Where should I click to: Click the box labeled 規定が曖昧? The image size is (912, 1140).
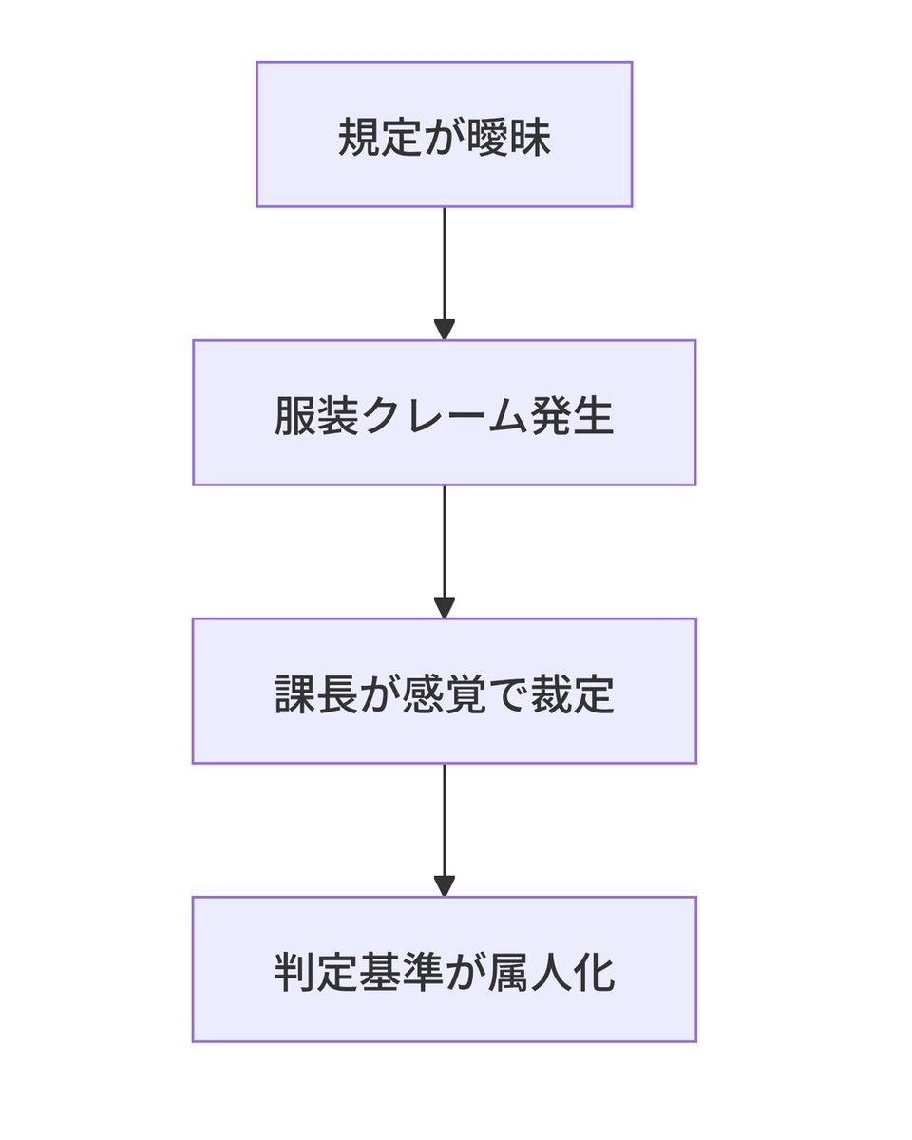coord(444,134)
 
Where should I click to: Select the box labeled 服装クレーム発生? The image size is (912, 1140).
coord(444,412)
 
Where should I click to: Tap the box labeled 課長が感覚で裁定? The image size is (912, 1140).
coord(444,691)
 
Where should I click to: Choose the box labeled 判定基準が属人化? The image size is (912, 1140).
coord(444,969)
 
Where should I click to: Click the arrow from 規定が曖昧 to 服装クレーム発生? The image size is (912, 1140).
coord(444,274)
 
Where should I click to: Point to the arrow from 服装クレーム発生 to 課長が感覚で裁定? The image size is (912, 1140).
coord(444,551)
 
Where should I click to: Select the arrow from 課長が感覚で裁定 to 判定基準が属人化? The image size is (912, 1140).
coord(444,830)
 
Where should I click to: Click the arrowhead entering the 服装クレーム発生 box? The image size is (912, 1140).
coord(444,330)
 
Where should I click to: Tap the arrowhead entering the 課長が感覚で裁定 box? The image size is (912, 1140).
coord(444,608)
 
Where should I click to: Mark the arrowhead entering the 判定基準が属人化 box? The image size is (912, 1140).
coord(444,886)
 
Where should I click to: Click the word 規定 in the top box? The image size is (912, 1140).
coord(381,137)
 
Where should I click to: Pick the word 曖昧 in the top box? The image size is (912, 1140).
coord(508,137)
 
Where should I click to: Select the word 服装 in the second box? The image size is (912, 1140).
coord(316,415)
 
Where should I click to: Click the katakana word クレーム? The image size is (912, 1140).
coord(444,415)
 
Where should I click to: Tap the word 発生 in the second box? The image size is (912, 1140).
coord(572,415)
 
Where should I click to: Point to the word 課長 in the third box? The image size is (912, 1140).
coord(316,693)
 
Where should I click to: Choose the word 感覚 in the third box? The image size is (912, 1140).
coord(444,693)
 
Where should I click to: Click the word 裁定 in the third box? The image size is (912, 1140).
coord(572,693)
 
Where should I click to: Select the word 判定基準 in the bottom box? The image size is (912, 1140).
coord(359,972)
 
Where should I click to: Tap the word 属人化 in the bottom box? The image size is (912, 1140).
coord(551,972)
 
